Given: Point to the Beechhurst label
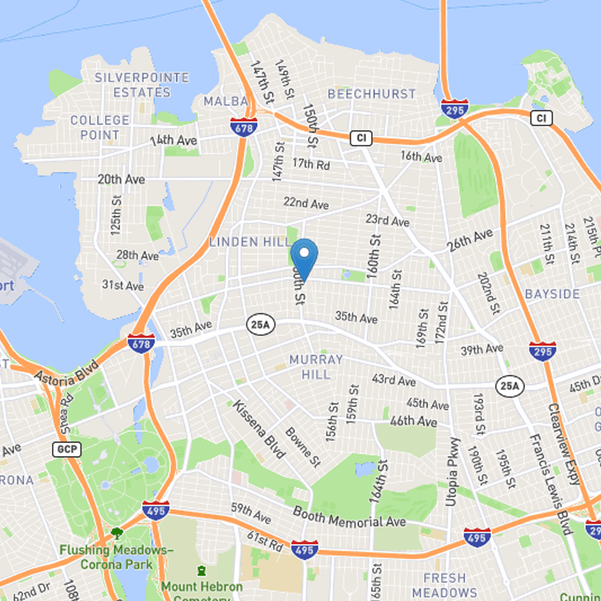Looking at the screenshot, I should click(371, 94).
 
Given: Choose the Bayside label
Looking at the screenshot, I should click(552, 293).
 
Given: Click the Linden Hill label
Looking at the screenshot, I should click(249, 241).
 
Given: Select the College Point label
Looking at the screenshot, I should click(100, 127).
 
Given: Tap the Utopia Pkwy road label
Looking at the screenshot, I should click(452, 471).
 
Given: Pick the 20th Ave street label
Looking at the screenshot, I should click(121, 180).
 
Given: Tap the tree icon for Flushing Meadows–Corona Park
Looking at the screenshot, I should click(117, 534).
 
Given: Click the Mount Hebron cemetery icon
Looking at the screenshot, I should click(201, 572).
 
